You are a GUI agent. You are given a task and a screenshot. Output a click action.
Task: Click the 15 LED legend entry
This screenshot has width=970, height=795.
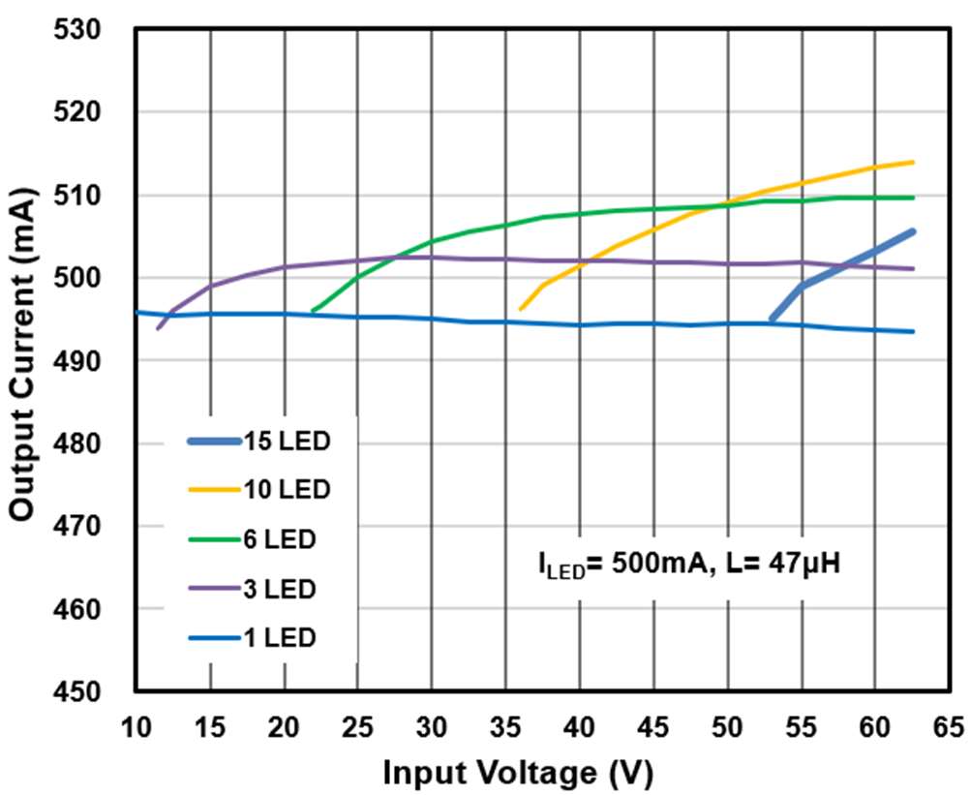pyautogui.click(x=260, y=442)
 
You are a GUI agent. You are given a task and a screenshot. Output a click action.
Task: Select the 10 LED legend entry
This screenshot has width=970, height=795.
pyautogui.click(x=260, y=490)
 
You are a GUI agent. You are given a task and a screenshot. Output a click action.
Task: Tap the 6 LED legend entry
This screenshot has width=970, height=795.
pyautogui.click(x=260, y=539)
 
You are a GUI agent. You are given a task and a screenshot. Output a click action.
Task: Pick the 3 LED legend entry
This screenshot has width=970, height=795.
pyautogui.click(x=260, y=589)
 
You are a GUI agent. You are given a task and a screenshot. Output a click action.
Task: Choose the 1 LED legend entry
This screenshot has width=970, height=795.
pyautogui.click(x=260, y=638)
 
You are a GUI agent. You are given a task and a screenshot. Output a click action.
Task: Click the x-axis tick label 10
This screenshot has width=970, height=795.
pyautogui.click(x=136, y=725)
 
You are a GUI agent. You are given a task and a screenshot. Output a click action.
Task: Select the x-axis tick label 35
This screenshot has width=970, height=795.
pyautogui.click(x=505, y=725)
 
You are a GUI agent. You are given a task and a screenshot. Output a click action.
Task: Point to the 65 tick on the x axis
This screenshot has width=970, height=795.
pyautogui.click(x=949, y=725)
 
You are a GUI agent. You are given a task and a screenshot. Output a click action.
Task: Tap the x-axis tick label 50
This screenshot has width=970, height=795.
pyautogui.click(x=727, y=725)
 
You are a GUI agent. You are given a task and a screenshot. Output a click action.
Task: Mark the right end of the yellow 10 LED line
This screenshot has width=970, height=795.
pyautogui.click(x=913, y=162)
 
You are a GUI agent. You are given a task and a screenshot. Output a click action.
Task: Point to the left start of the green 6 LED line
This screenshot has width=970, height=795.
pyautogui.click(x=312, y=311)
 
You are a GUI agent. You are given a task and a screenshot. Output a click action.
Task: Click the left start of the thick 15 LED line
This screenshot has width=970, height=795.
pyautogui.click(x=772, y=319)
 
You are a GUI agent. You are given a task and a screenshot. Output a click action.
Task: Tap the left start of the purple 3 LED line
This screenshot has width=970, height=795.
pyautogui.click(x=158, y=328)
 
